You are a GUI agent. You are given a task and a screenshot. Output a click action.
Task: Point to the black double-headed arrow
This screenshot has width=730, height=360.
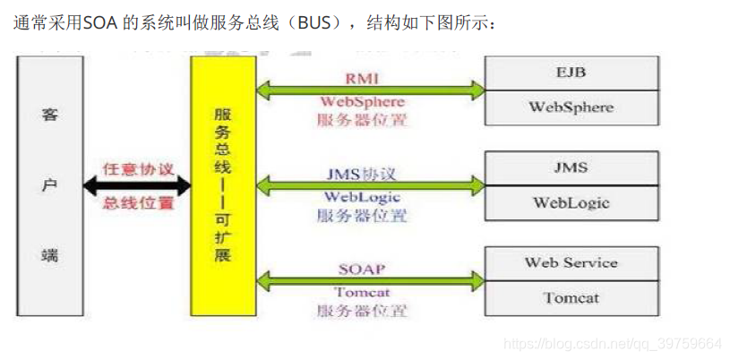tap(136, 185)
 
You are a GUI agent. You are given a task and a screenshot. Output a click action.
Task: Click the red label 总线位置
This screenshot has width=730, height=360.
tap(138, 203)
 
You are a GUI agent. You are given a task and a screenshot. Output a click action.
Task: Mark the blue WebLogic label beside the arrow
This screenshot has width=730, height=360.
tap(362, 198)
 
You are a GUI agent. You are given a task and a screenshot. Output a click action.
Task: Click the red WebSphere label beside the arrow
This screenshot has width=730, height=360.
tap(362, 102)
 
